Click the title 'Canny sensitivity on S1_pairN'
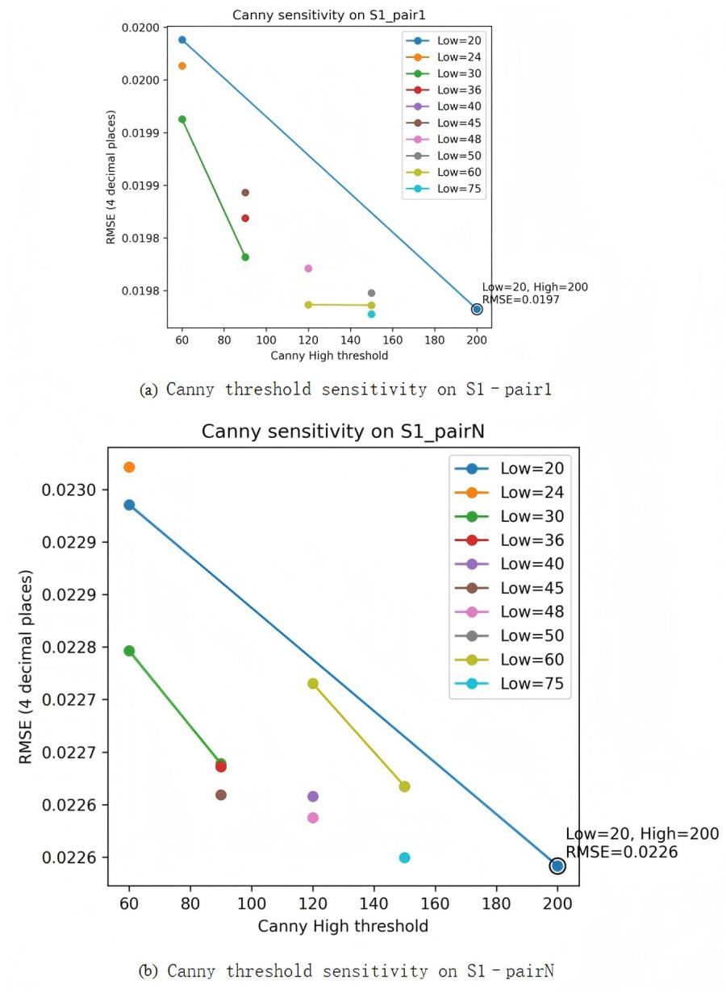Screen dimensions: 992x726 point(343,431)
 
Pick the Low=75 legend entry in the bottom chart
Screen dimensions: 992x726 point(532,685)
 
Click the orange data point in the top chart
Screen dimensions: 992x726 point(182,66)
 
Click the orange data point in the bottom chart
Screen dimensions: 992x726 point(129,468)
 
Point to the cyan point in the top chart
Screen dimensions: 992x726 point(371,315)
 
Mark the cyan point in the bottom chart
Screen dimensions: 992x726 point(405,857)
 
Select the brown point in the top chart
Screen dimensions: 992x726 point(245,193)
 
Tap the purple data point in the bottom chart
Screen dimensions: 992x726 point(313,797)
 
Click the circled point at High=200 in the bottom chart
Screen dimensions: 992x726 point(557,866)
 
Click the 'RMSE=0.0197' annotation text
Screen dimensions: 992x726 point(520,300)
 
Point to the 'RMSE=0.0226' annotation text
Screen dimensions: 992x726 point(621,852)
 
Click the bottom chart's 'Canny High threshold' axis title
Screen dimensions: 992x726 point(343,927)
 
